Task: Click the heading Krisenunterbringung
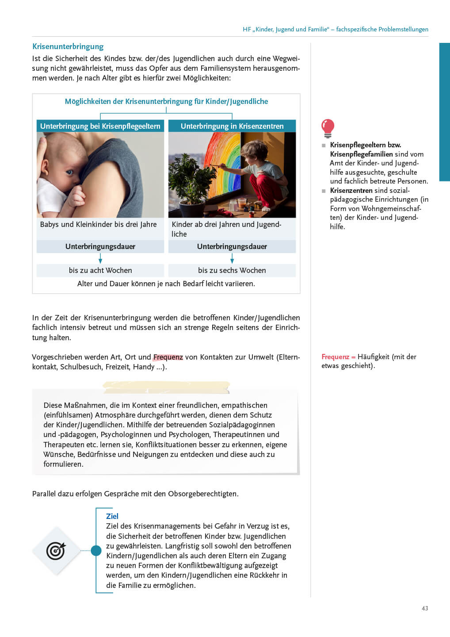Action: tap(68, 46)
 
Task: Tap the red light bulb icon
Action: tap(328, 127)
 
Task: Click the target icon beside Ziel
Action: tap(56, 551)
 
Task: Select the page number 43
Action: tap(425, 608)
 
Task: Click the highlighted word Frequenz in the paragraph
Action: tap(168, 357)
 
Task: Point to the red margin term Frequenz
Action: tap(336, 357)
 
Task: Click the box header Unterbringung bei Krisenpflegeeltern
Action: tap(100, 126)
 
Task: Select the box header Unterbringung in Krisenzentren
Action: tap(232, 126)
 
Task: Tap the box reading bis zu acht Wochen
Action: tap(100, 270)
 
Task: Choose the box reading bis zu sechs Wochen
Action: tap(232, 270)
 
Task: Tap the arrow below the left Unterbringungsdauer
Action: tap(100, 258)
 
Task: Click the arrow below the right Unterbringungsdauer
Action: tap(232, 258)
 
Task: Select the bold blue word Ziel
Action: tap(112, 516)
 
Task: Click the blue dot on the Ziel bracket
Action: tap(96, 551)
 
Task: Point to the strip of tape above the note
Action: tap(166, 387)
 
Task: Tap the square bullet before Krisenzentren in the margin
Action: tap(324, 191)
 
